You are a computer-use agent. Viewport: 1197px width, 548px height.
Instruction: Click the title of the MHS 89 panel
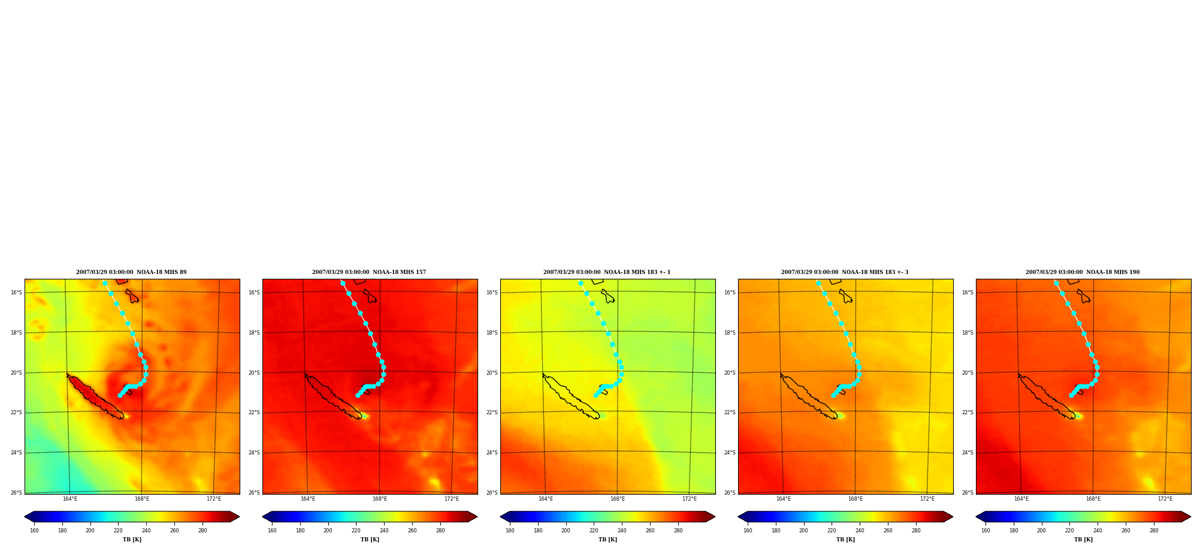coord(131,272)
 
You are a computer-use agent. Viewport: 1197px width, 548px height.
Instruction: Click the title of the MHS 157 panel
coord(369,272)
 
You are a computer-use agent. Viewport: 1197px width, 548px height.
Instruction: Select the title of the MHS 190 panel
coord(1083,272)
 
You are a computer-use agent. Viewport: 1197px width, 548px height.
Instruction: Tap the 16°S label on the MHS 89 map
coord(16,293)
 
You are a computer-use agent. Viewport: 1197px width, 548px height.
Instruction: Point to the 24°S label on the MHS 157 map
coord(254,453)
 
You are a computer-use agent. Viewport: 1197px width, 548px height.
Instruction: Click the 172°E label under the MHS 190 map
coord(1165,499)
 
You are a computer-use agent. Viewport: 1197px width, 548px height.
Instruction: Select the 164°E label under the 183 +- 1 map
coord(546,499)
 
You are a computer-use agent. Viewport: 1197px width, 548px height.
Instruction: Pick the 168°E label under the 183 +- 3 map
coord(856,499)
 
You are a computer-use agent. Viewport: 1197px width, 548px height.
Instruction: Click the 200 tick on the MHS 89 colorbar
coord(90,531)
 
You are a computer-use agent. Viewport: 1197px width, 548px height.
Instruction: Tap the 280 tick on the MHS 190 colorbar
coord(1154,531)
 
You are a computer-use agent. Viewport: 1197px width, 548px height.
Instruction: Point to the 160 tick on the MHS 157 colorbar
coord(272,531)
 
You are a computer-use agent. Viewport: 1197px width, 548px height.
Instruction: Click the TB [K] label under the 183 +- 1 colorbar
coord(607,540)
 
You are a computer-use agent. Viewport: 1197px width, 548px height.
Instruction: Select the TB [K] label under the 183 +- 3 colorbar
coord(845,540)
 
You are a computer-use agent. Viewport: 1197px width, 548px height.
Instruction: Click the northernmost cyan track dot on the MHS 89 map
coord(105,283)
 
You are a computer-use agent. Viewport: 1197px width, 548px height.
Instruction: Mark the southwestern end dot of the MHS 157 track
coord(358,395)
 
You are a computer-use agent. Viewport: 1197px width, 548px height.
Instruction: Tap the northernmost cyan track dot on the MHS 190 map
coord(1056,283)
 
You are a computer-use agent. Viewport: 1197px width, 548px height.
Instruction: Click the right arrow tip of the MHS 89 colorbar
coord(239,517)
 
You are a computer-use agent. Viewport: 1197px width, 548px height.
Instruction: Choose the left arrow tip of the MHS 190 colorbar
coord(977,517)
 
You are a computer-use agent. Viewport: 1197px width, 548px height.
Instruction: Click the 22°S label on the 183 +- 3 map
coord(730,412)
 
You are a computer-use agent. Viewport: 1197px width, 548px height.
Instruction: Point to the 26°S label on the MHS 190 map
coord(968,493)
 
